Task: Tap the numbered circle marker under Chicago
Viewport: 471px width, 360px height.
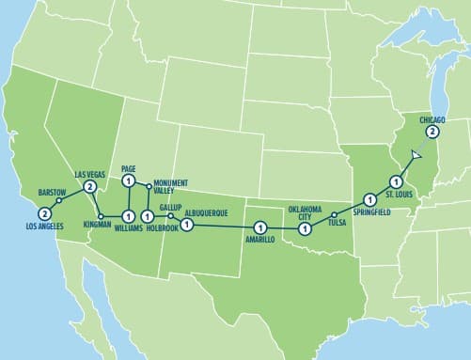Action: coord(432,132)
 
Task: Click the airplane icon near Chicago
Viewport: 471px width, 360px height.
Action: coord(416,153)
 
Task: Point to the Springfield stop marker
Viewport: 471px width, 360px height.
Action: coord(369,199)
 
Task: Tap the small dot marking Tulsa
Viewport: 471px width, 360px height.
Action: coord(334,216)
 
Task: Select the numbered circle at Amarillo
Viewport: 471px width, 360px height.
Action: coord(260,227)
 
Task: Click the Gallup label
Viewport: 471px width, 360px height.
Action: coord(170,205)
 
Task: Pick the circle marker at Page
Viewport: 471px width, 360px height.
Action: coord(130,181)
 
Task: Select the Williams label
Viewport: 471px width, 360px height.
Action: coord(128,227)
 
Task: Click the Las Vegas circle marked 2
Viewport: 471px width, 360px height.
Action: coord(89,187)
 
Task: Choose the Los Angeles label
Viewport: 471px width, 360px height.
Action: coord(43,227)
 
